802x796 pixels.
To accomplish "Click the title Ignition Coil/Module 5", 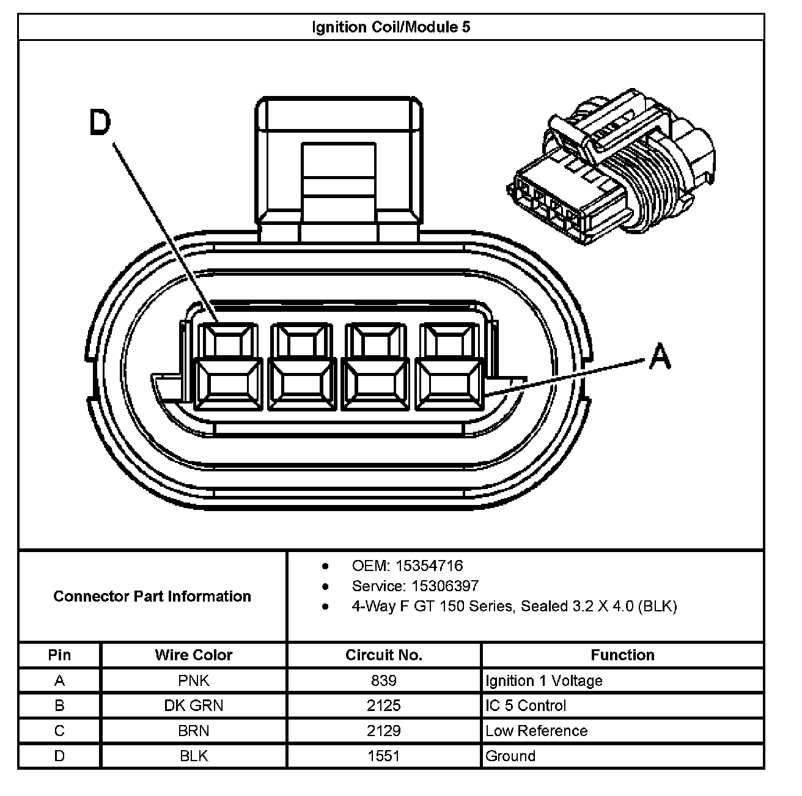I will pos(391,28).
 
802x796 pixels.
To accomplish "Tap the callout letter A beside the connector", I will pos(660,356).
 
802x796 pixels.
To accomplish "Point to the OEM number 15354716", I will pos(429,566).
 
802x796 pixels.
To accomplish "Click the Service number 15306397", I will pos(445,586).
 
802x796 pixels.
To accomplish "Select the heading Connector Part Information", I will pos(152,596).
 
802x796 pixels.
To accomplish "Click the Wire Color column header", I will pos(194,655).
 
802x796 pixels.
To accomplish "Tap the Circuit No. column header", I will pos(384,655).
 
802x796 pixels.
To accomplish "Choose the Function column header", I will pos(622,655).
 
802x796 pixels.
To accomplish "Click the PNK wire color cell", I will pos(194,680).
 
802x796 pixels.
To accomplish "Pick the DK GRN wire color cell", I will pos(194,706).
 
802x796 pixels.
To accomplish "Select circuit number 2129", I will pos(384,731).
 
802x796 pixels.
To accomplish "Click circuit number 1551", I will pos(384,756).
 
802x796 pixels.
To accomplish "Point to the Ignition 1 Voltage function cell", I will pos(544,680).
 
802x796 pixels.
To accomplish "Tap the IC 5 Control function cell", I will pos(526,706).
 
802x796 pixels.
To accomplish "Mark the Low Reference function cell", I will pos(536,731).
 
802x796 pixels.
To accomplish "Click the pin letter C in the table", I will pos(59,731).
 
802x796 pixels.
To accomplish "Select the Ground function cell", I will pos(510,756).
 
